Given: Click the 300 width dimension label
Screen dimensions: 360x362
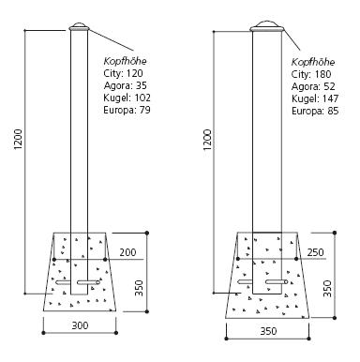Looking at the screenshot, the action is [80, 325].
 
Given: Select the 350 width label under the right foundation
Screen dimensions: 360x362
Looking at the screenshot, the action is [268, 331].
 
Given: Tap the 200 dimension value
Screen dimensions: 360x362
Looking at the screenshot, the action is [127, 252].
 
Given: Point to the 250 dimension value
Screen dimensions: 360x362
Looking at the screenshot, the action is [315, 252].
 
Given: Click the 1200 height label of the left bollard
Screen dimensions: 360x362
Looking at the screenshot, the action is [18, 139].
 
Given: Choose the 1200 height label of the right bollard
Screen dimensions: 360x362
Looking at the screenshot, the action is [207, 140].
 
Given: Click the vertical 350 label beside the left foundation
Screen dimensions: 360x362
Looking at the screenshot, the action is [139, 288].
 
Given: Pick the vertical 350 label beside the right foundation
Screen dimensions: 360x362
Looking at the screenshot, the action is [327, 289].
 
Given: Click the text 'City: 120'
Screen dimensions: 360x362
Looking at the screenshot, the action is [123, 73].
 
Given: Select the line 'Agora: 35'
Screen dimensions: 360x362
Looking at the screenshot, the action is [125, 85].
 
